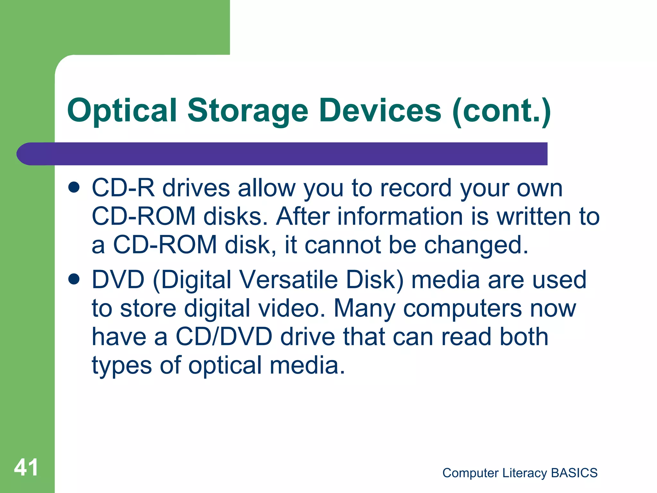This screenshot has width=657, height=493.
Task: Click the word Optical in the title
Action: pos(122,111)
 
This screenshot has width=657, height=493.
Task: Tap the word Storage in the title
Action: pos(247,111)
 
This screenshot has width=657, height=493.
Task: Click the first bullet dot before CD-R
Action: pos(74,187)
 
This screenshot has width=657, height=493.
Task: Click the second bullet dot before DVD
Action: pos(74,279)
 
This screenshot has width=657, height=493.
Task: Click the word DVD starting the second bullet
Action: pos(118,280)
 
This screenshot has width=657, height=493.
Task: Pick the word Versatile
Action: pos(289,280)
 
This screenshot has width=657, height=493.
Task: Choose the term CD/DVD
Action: pos(224,337)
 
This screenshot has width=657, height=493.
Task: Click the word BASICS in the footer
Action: pos(574,473)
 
